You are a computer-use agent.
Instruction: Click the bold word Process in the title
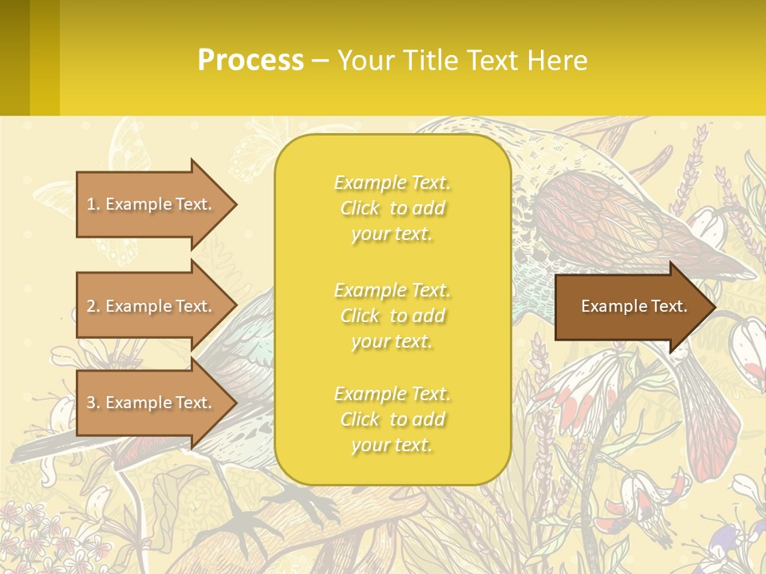[x=251, y=61]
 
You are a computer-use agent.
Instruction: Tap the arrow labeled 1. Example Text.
[x=152, y=204]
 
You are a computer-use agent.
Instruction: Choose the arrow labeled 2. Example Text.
[x=152, y=306]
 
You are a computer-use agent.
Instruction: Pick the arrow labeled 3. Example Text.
[x=152, y=403]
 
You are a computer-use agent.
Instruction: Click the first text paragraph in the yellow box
[x=392, y=208]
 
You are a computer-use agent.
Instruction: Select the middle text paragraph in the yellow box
[x=392, y=316]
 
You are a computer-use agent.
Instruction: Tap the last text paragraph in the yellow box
[x=392, y=419]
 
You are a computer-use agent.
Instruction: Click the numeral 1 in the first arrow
[x=91, y=204]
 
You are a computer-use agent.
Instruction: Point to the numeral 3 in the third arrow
[x=91, y=403]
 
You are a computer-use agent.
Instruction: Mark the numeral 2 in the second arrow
[x=91, y=306]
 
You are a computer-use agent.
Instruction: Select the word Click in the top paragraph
[x=360, y=208]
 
